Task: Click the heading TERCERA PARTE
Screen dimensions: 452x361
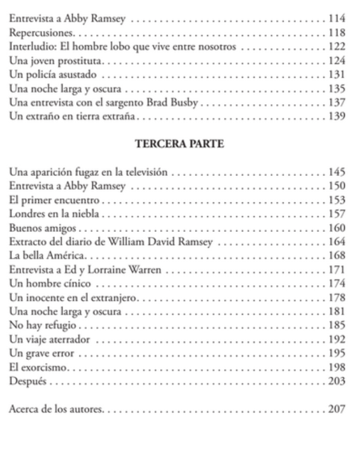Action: coord(176,145)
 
